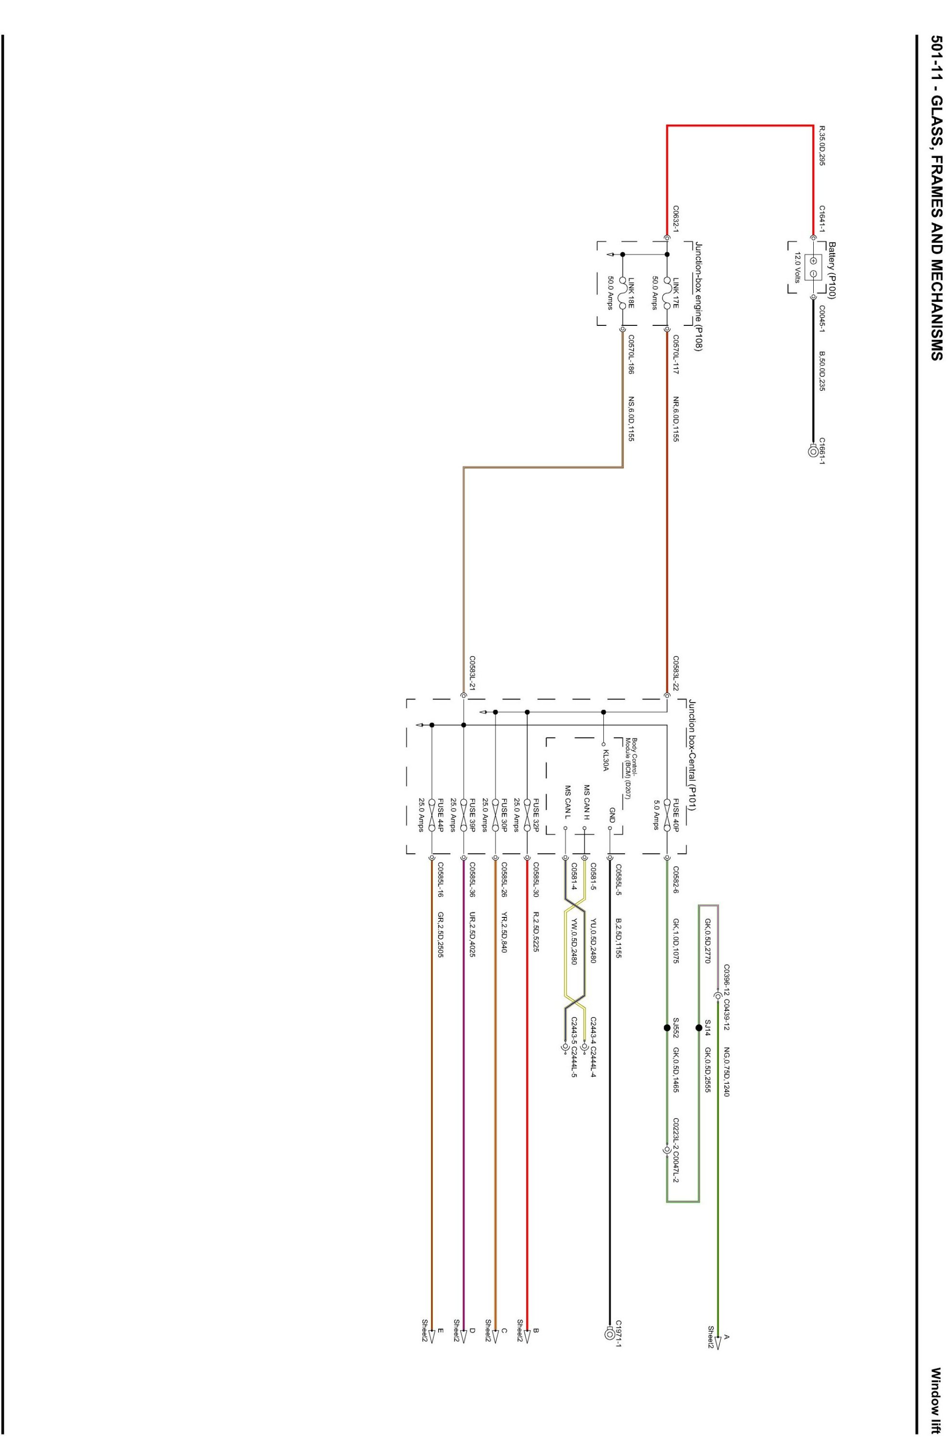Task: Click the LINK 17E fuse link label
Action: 676,292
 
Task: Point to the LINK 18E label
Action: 631,292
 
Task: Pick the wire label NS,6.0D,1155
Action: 631,419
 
